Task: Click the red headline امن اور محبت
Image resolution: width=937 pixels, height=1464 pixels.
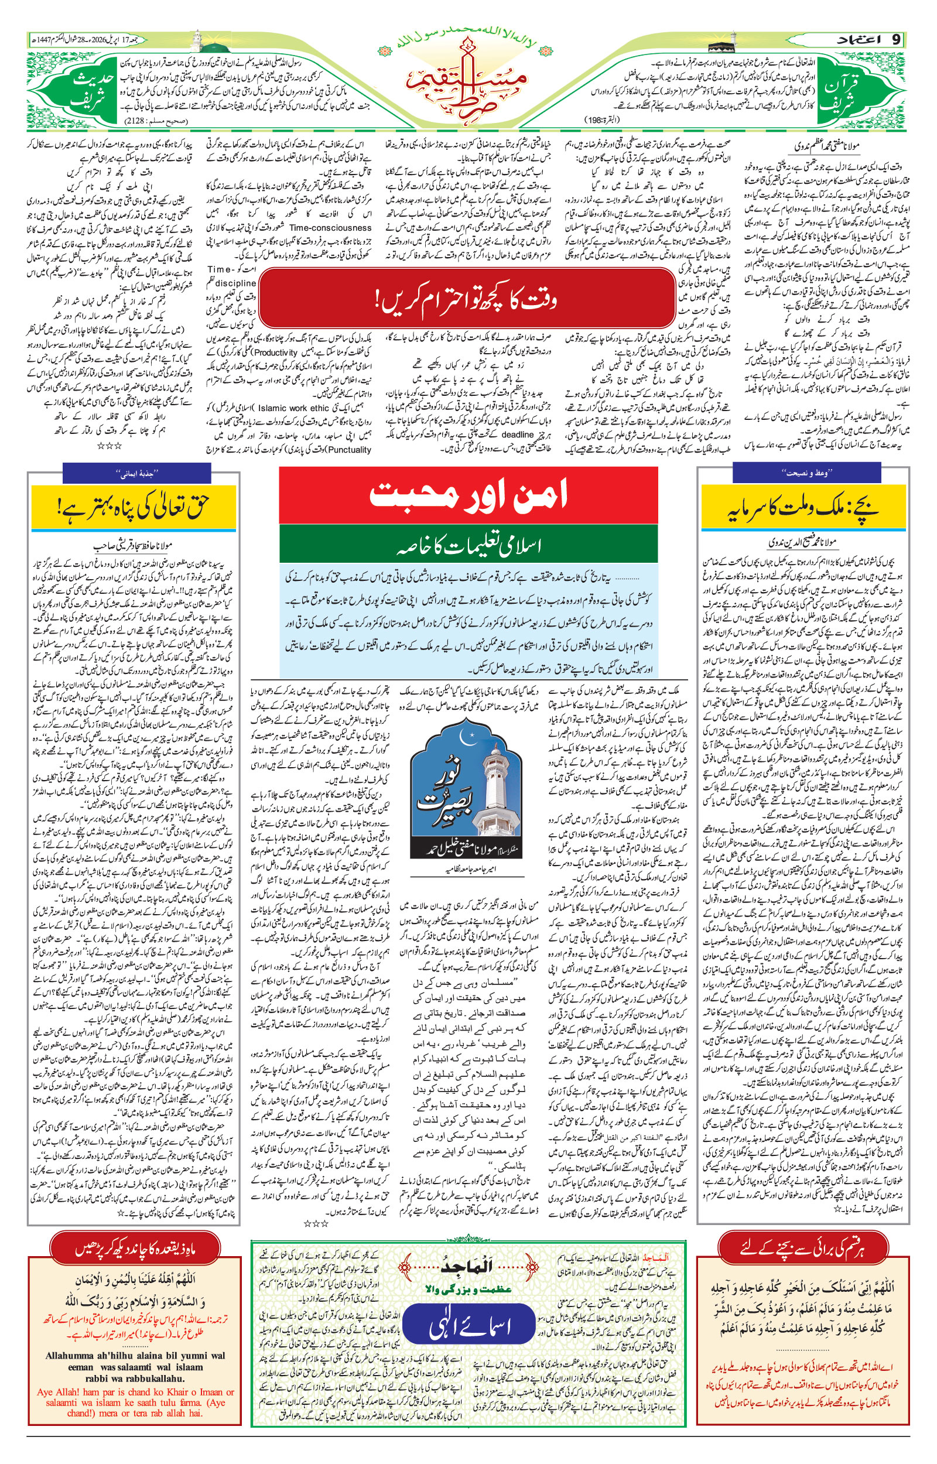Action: [x=468, y=495]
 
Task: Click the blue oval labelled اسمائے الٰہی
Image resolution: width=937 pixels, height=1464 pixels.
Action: [x=468, y=1328]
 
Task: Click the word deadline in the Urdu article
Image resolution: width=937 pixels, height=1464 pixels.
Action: [x=517, y=435]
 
